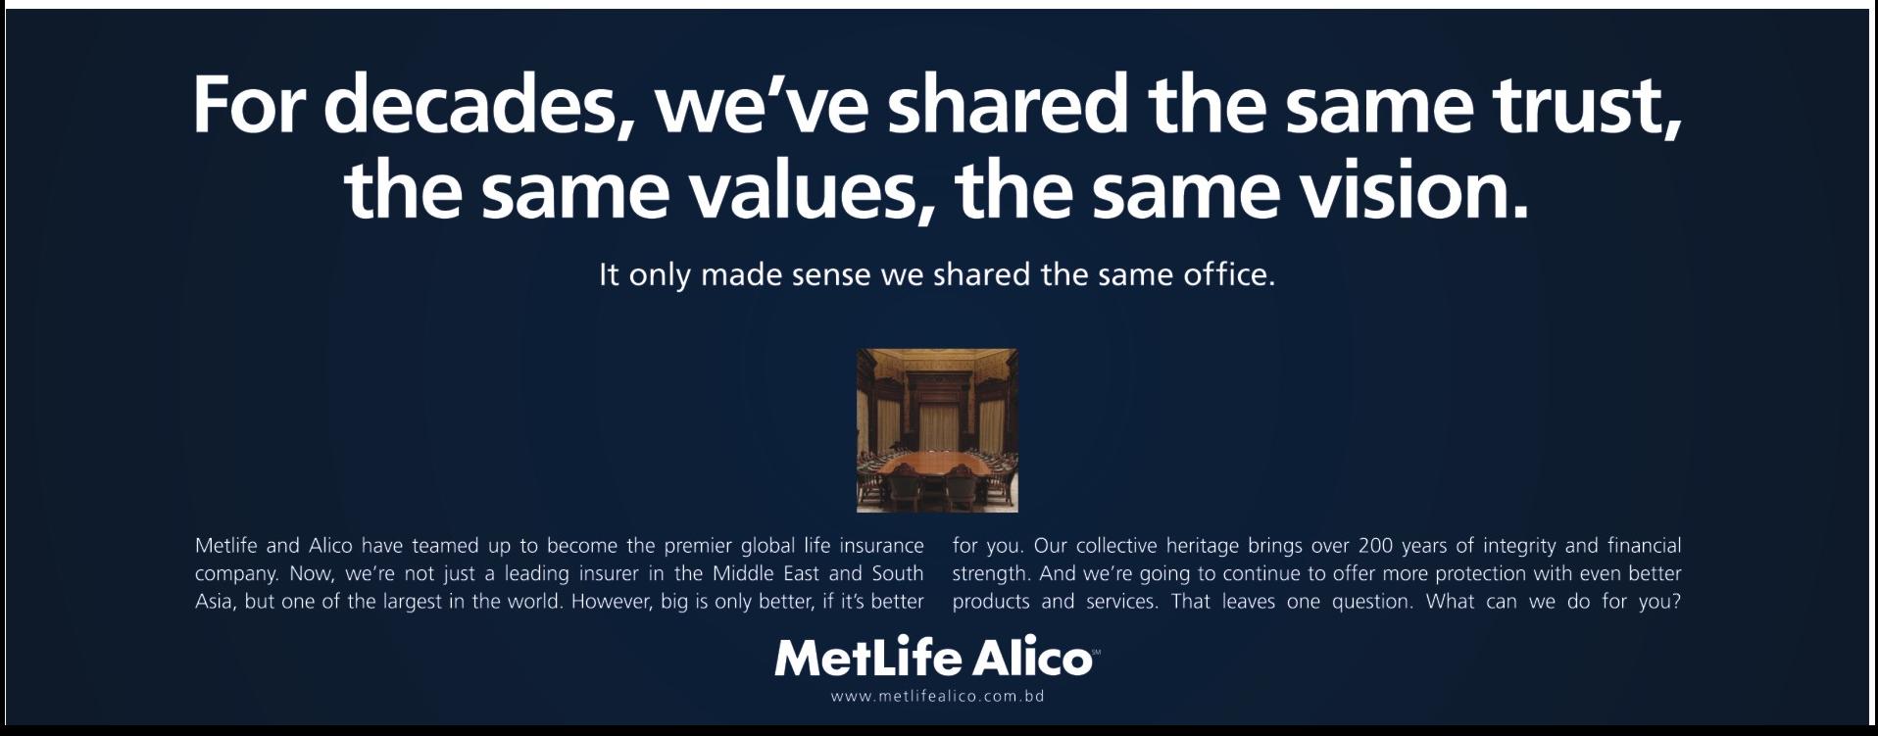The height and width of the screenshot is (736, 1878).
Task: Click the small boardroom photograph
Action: (x=937, y=430)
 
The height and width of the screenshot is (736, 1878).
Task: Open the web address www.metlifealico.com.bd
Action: (x=937, y=697)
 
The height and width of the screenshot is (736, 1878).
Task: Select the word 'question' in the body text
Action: (x=1371, y=602)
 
